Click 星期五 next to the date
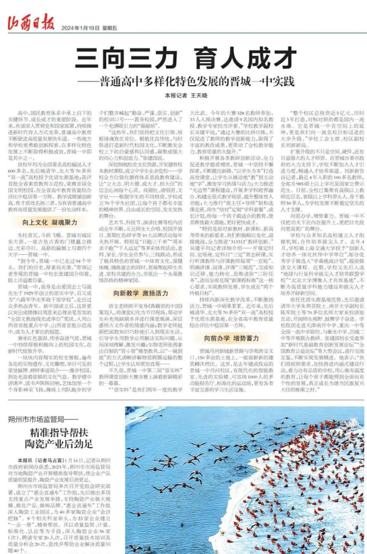coord(109,28)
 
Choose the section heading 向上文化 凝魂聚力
coord(50,222)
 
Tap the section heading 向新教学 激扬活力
coord(141,293)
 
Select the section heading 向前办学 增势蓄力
coord(231,338)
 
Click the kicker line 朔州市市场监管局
coord(43,419)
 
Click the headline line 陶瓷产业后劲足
coord(59,444)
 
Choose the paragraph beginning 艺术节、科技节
coord(141,251)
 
